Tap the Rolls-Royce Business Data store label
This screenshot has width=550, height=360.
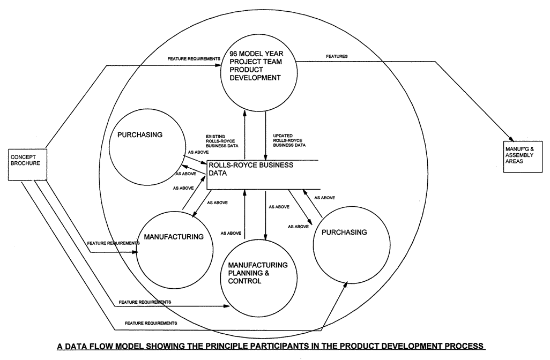[252, 169]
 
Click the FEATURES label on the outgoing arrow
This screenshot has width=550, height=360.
[337, 56]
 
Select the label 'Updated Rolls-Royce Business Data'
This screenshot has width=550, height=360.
[289, 140]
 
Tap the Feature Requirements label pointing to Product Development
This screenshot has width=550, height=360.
[186, 58]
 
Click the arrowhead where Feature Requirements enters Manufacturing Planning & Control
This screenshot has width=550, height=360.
[227, 307]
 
